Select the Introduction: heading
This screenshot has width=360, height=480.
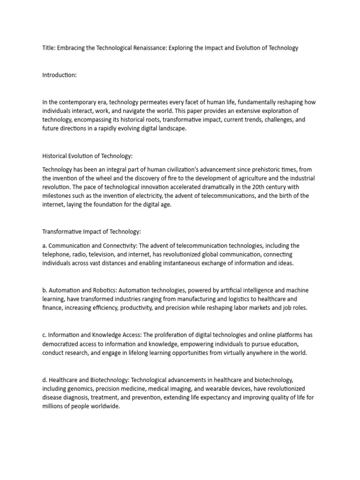point(60,75)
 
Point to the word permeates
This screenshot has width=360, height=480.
point(144,102)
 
